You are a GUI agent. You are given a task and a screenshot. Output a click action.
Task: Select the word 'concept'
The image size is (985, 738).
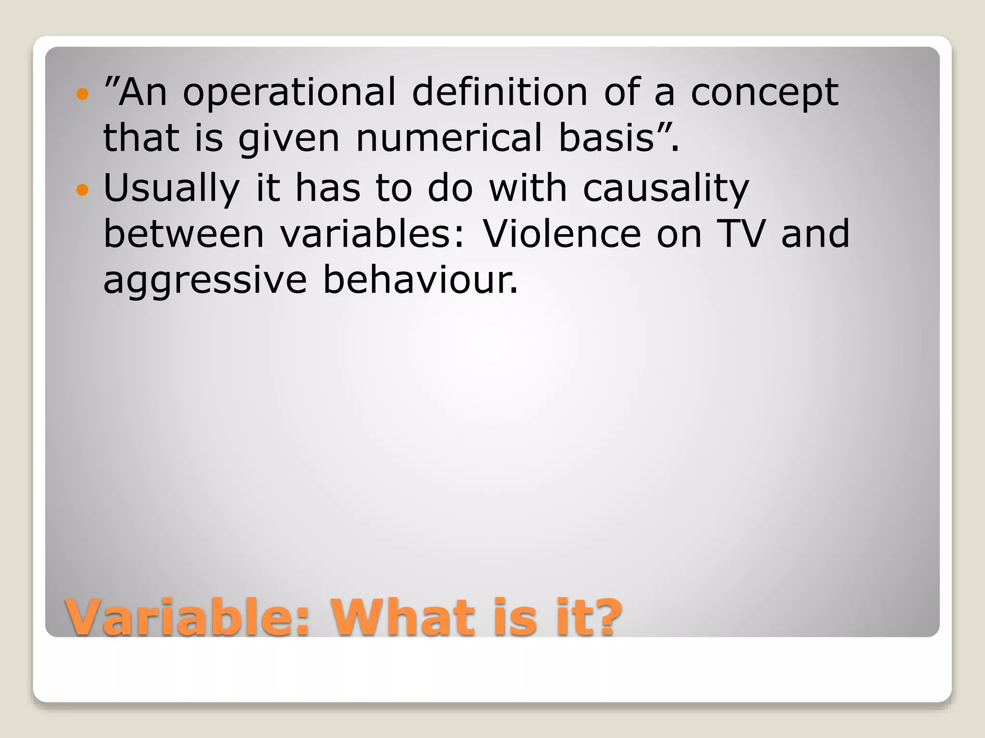765,93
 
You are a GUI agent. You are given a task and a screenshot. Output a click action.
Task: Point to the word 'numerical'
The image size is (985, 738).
448,137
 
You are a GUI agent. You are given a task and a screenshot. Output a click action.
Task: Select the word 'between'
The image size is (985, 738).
184,234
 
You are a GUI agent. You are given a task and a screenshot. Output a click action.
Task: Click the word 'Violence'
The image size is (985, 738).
562,234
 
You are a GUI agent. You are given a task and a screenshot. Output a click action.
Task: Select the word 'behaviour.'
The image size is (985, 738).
420,280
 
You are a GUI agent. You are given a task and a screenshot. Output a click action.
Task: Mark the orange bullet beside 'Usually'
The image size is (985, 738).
83,190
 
